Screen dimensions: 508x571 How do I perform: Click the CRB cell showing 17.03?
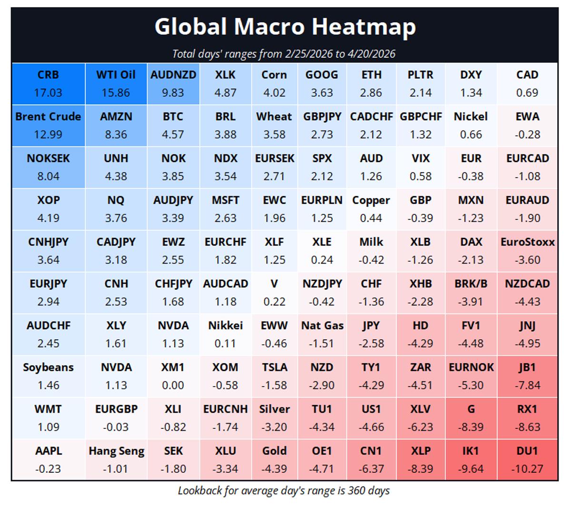[48, 84]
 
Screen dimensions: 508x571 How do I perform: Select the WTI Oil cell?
[116, 84]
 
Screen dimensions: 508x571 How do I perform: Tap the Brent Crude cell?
[48, 126]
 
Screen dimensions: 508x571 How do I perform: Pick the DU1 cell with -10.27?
[527, 460]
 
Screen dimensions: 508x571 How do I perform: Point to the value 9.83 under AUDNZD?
[173, 93]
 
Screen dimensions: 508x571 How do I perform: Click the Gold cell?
[274, 460]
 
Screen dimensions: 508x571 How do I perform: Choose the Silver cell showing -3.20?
[274, 418]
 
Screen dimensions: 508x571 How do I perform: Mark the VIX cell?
[420, 167]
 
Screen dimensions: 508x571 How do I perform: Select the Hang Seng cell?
[116, 460]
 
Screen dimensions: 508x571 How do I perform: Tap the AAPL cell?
[48, 460]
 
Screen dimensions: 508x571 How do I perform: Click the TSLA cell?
[274, 376]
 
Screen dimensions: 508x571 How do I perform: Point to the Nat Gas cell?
[322, 335]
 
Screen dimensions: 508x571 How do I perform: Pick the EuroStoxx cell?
[527, 251]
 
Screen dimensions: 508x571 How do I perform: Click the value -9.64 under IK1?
[471, 469]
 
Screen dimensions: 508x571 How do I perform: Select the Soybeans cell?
[48, 376]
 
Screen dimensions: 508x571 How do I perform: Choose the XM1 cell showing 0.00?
[173, 376]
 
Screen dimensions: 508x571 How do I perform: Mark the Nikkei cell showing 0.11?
[225, 335]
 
